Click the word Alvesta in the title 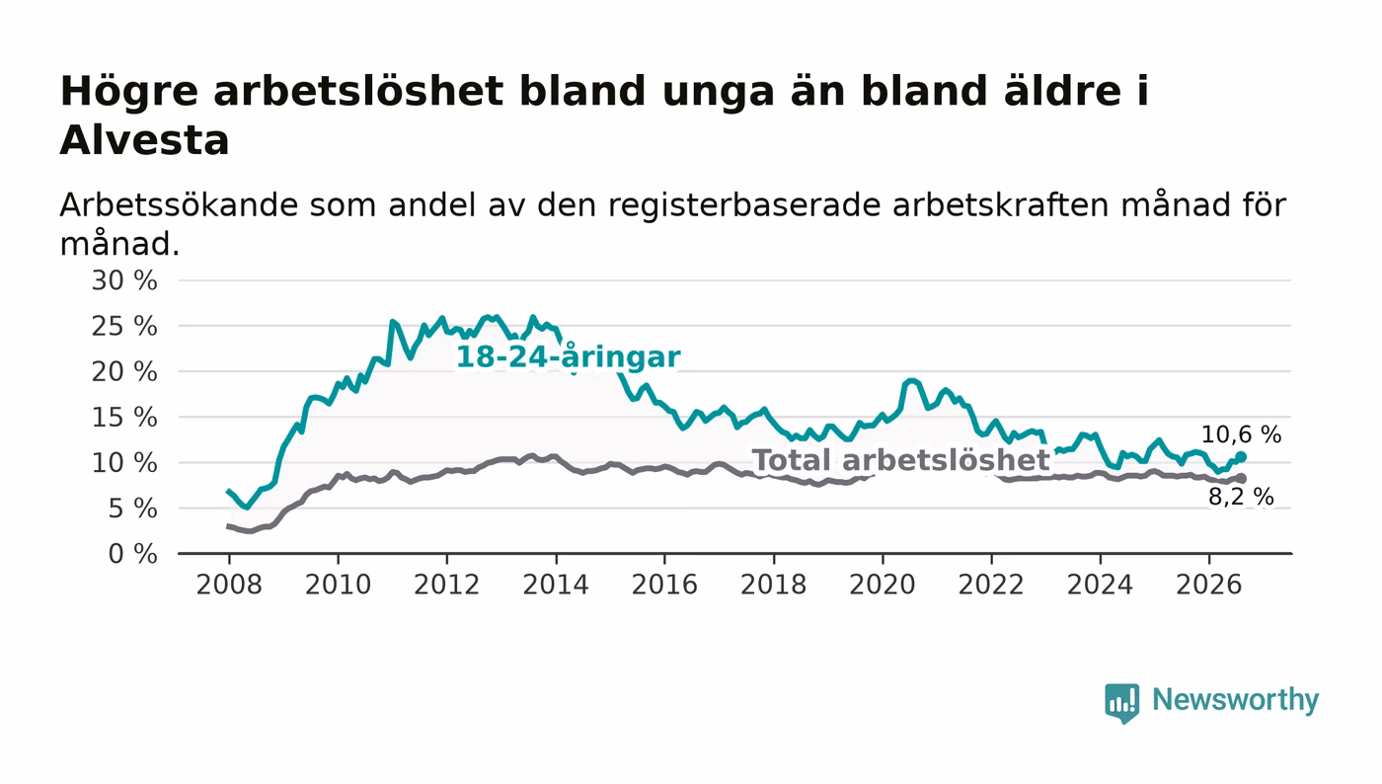(x=144, y=140)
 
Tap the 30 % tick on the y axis (x=124, y=280)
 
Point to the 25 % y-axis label (x=124, y=326)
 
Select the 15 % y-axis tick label (x=124, y=418)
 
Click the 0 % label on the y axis (x=132, y=554)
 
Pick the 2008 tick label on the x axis (x=229, y=585)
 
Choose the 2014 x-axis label (x=556, y=585)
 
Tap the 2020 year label (x=883, y=585)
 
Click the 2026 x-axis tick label (x=1208, y=585)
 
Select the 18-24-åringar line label (x=569, y=357)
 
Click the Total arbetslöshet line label (x=901, y=460)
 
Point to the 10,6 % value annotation (x=1242, y=434)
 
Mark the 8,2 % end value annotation (x=1242, y=497)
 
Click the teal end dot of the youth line (x=1241, y=457)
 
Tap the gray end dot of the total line (x=1242, y=479)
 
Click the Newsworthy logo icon (x=1121, y=702)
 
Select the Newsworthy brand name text (x=1235, y=700)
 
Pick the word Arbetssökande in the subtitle (x=179, y=205)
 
